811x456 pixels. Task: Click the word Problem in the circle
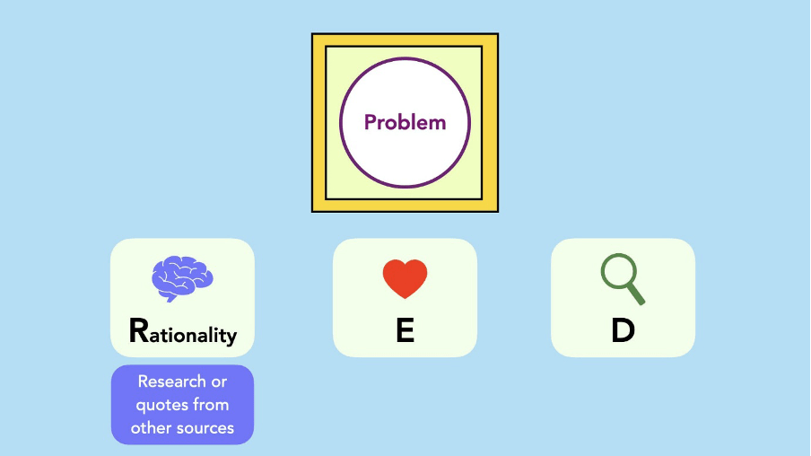point(405,123)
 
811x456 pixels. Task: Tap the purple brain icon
point(182,278)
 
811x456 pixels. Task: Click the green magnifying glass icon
point(623,279)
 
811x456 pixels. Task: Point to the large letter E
point(405,330)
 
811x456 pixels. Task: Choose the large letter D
point(623,330)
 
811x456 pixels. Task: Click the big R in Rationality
point(139,330)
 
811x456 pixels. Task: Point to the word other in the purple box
point(151,428)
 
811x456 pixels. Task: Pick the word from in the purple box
point(212,404)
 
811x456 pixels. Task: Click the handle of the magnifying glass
point(637,294)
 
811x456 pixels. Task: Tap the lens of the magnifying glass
point(618,271)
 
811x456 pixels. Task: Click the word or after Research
point(219,382)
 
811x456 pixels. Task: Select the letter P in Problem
point(370,123)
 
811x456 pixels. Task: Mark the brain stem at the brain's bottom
point(170,298)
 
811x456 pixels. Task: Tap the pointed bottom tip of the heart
point(405,299)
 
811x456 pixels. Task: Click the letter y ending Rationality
point(231,338)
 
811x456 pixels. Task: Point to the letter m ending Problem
point(438,125)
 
